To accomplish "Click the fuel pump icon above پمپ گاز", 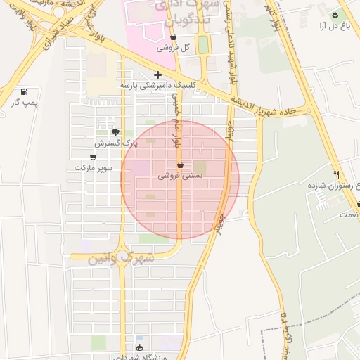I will pyautogui.click(x=25, y=91).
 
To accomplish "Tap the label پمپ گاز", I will pyautogui.click(x=25, y=103).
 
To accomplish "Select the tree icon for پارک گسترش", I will pyautogui.click(x=116, y=132).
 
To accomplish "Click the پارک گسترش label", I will pyautogui.click(x=114, y=143).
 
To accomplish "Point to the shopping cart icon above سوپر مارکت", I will pyautogui.click(x=94, y=157).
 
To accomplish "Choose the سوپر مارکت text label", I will pyautogui.click(x=94, y=168).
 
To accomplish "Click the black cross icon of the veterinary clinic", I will pyautogui.click(x=157, y=75).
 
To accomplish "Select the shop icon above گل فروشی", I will pyautogui.click(x=174, y=37).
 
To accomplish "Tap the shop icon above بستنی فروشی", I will pyautogui.click(x=180, y=165).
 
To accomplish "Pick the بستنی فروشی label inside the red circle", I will pyautogui.click(x=180, y=176).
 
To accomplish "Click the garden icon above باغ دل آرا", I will pyautogui.click(x=335, y=15).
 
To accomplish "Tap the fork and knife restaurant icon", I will pyautogui.click(x=336, y=174).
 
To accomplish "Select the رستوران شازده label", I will pyautogui.click(x=329, y=186).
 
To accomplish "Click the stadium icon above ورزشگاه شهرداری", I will pyautogui.click(x=139, y=347).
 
